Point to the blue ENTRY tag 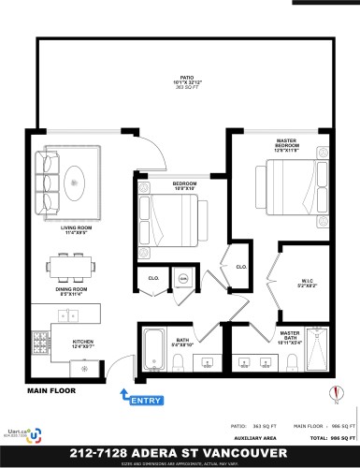click(146, 402)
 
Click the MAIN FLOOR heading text click(50, 389)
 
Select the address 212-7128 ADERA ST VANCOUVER click(180, 452)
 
